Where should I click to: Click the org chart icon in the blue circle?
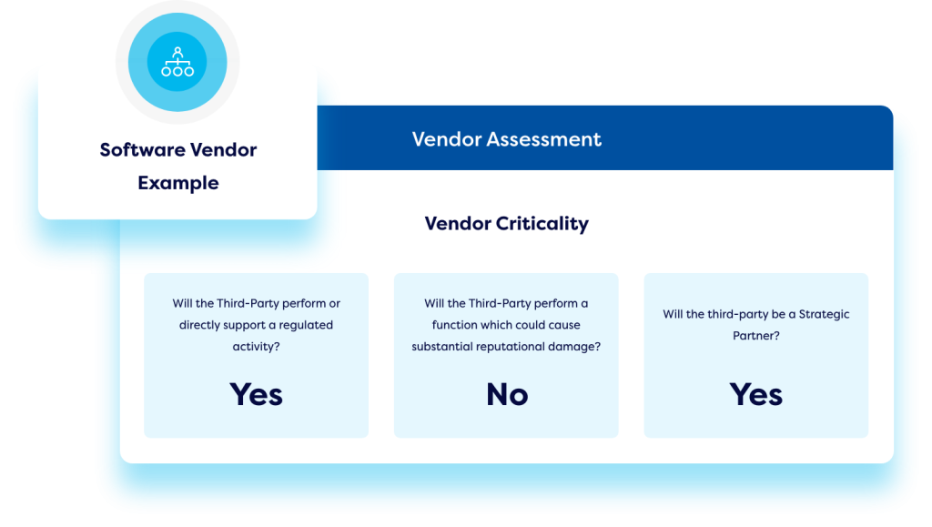tap(177, 62)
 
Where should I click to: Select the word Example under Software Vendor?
tap(178, 183)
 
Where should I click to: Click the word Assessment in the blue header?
tap(544, 139)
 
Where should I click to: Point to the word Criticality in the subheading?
tap(542, 224)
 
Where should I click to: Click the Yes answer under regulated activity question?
tap(256, 394)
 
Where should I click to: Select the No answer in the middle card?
tap(507, 394)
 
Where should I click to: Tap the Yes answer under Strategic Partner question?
tap(756, 394)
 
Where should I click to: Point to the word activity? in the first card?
tap(256, 347)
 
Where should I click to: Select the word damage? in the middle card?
tap(575, 347)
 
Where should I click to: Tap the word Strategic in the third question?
tap(824, 314)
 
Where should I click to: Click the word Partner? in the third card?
tap(756, 336)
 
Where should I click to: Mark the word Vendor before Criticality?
tap(458, 224)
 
